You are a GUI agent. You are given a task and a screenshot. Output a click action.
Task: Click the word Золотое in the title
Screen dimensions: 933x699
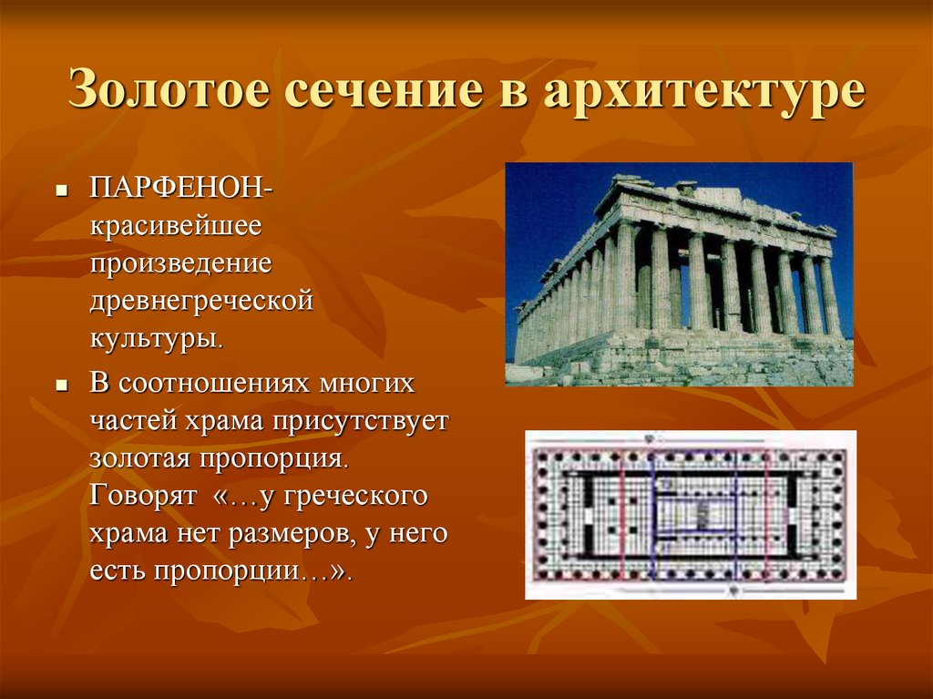point(169,89)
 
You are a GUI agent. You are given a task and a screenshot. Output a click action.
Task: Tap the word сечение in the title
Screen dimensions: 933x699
point(384,90)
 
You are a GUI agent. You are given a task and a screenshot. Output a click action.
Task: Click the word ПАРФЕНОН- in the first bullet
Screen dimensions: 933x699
point(181,188)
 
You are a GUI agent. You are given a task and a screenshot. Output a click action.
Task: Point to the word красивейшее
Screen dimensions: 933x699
point(176,226)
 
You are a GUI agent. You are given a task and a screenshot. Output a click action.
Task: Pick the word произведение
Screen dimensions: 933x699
point(181,263)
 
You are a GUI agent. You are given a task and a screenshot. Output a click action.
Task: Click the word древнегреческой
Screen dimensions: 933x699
point(201,302)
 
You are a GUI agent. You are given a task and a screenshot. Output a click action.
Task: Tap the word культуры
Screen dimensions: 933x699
point(157,339)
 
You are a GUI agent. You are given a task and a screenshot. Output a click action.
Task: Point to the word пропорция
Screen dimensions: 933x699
point(272,459)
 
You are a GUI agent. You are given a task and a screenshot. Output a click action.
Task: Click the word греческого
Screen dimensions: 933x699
point(354,497)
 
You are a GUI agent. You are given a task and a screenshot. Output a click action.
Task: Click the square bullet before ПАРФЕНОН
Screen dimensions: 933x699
point(60,192)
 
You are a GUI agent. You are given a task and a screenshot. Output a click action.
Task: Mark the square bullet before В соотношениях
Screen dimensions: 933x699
point(60,385)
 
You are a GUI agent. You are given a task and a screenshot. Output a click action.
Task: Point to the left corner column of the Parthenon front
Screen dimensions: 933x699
point(624,277)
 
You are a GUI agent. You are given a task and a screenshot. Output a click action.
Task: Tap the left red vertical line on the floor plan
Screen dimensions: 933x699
point(622,516)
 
